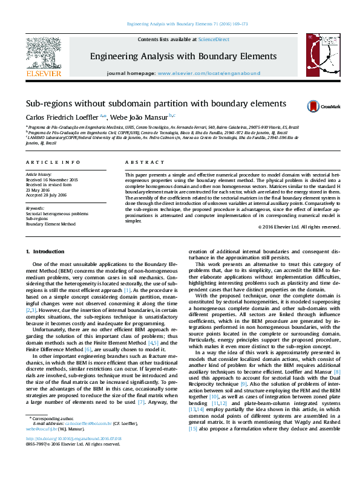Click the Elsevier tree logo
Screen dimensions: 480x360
[43, 54]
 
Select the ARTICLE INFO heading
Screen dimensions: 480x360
[53, 163]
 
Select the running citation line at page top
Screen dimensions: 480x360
[179, 24]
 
